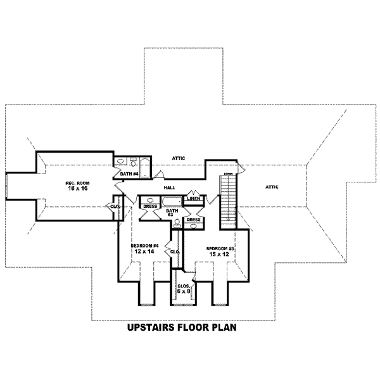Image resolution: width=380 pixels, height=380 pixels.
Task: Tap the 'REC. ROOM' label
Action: [75, 183]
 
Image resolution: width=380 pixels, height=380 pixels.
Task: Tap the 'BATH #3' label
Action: [170, 214]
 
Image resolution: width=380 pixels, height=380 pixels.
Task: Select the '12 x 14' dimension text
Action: [144, 251]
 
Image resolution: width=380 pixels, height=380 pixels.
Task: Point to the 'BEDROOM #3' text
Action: [222, 249]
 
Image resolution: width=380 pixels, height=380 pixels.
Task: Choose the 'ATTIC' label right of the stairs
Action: [272, 187]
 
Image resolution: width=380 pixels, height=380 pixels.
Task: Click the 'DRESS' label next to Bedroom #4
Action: [149, 206]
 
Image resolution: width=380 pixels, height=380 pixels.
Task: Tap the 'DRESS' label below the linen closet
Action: [194, 220]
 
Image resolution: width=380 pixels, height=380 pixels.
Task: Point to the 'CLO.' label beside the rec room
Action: [115, 206]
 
